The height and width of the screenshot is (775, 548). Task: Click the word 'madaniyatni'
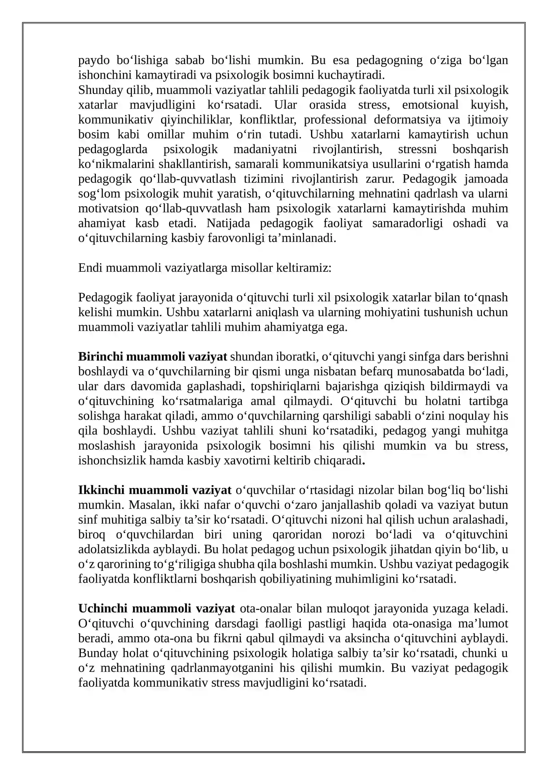(265, 149)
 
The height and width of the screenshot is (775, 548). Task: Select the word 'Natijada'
(228, 223)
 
